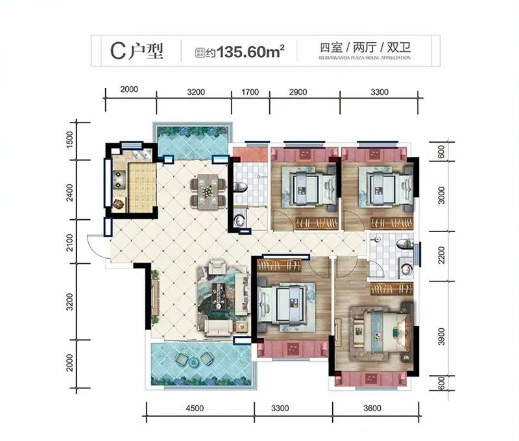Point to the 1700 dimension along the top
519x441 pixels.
click(x=251, y=91)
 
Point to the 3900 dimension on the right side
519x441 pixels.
click(x=441, y=336)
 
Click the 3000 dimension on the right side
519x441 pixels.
click(x=441, y=195)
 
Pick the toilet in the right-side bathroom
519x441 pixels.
click(x=404, y=244)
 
